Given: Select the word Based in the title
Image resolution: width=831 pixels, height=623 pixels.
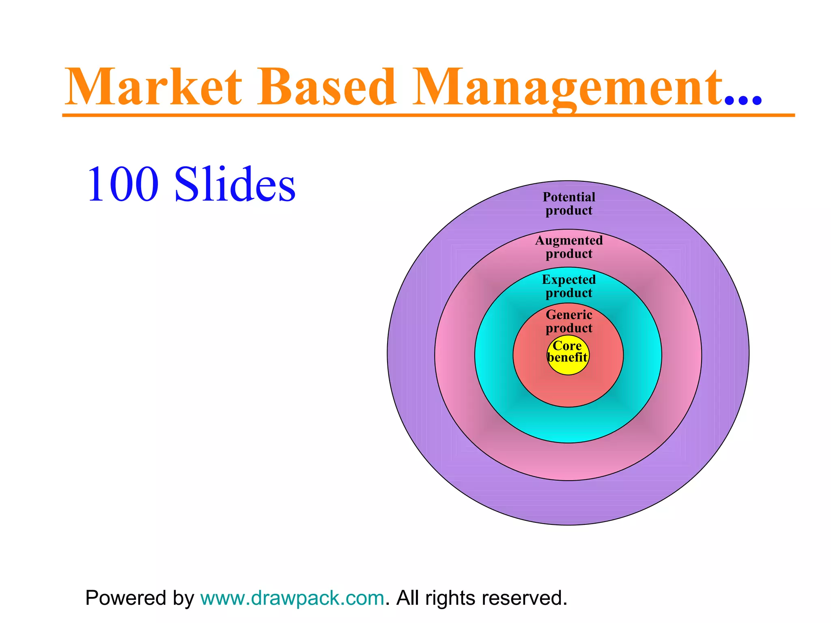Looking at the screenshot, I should coord(327,87).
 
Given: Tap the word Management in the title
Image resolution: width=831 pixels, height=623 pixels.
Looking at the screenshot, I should coord(568,87).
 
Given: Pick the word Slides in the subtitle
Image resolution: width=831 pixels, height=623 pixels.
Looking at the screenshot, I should coord(235,185).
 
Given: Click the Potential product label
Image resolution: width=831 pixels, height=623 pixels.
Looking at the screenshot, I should coord(569,204).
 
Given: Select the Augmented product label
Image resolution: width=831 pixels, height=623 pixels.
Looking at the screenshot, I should coord(569,247).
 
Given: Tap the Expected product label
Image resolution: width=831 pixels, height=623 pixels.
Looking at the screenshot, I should coord(569,286).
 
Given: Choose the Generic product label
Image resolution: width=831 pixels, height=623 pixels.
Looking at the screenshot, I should coord(569,321).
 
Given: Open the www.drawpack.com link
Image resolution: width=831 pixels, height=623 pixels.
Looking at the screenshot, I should coord(292,598).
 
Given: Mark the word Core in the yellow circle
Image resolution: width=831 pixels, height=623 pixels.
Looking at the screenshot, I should coord(567,346).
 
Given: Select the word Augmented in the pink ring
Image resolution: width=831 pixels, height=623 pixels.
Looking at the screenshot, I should coord(569,241).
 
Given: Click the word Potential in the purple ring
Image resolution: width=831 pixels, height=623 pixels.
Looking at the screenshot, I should coord(569,197).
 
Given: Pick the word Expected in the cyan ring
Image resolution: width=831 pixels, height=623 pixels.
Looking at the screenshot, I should coord(569,280).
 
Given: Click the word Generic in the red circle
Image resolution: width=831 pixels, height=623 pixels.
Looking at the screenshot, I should coord(569,315).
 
